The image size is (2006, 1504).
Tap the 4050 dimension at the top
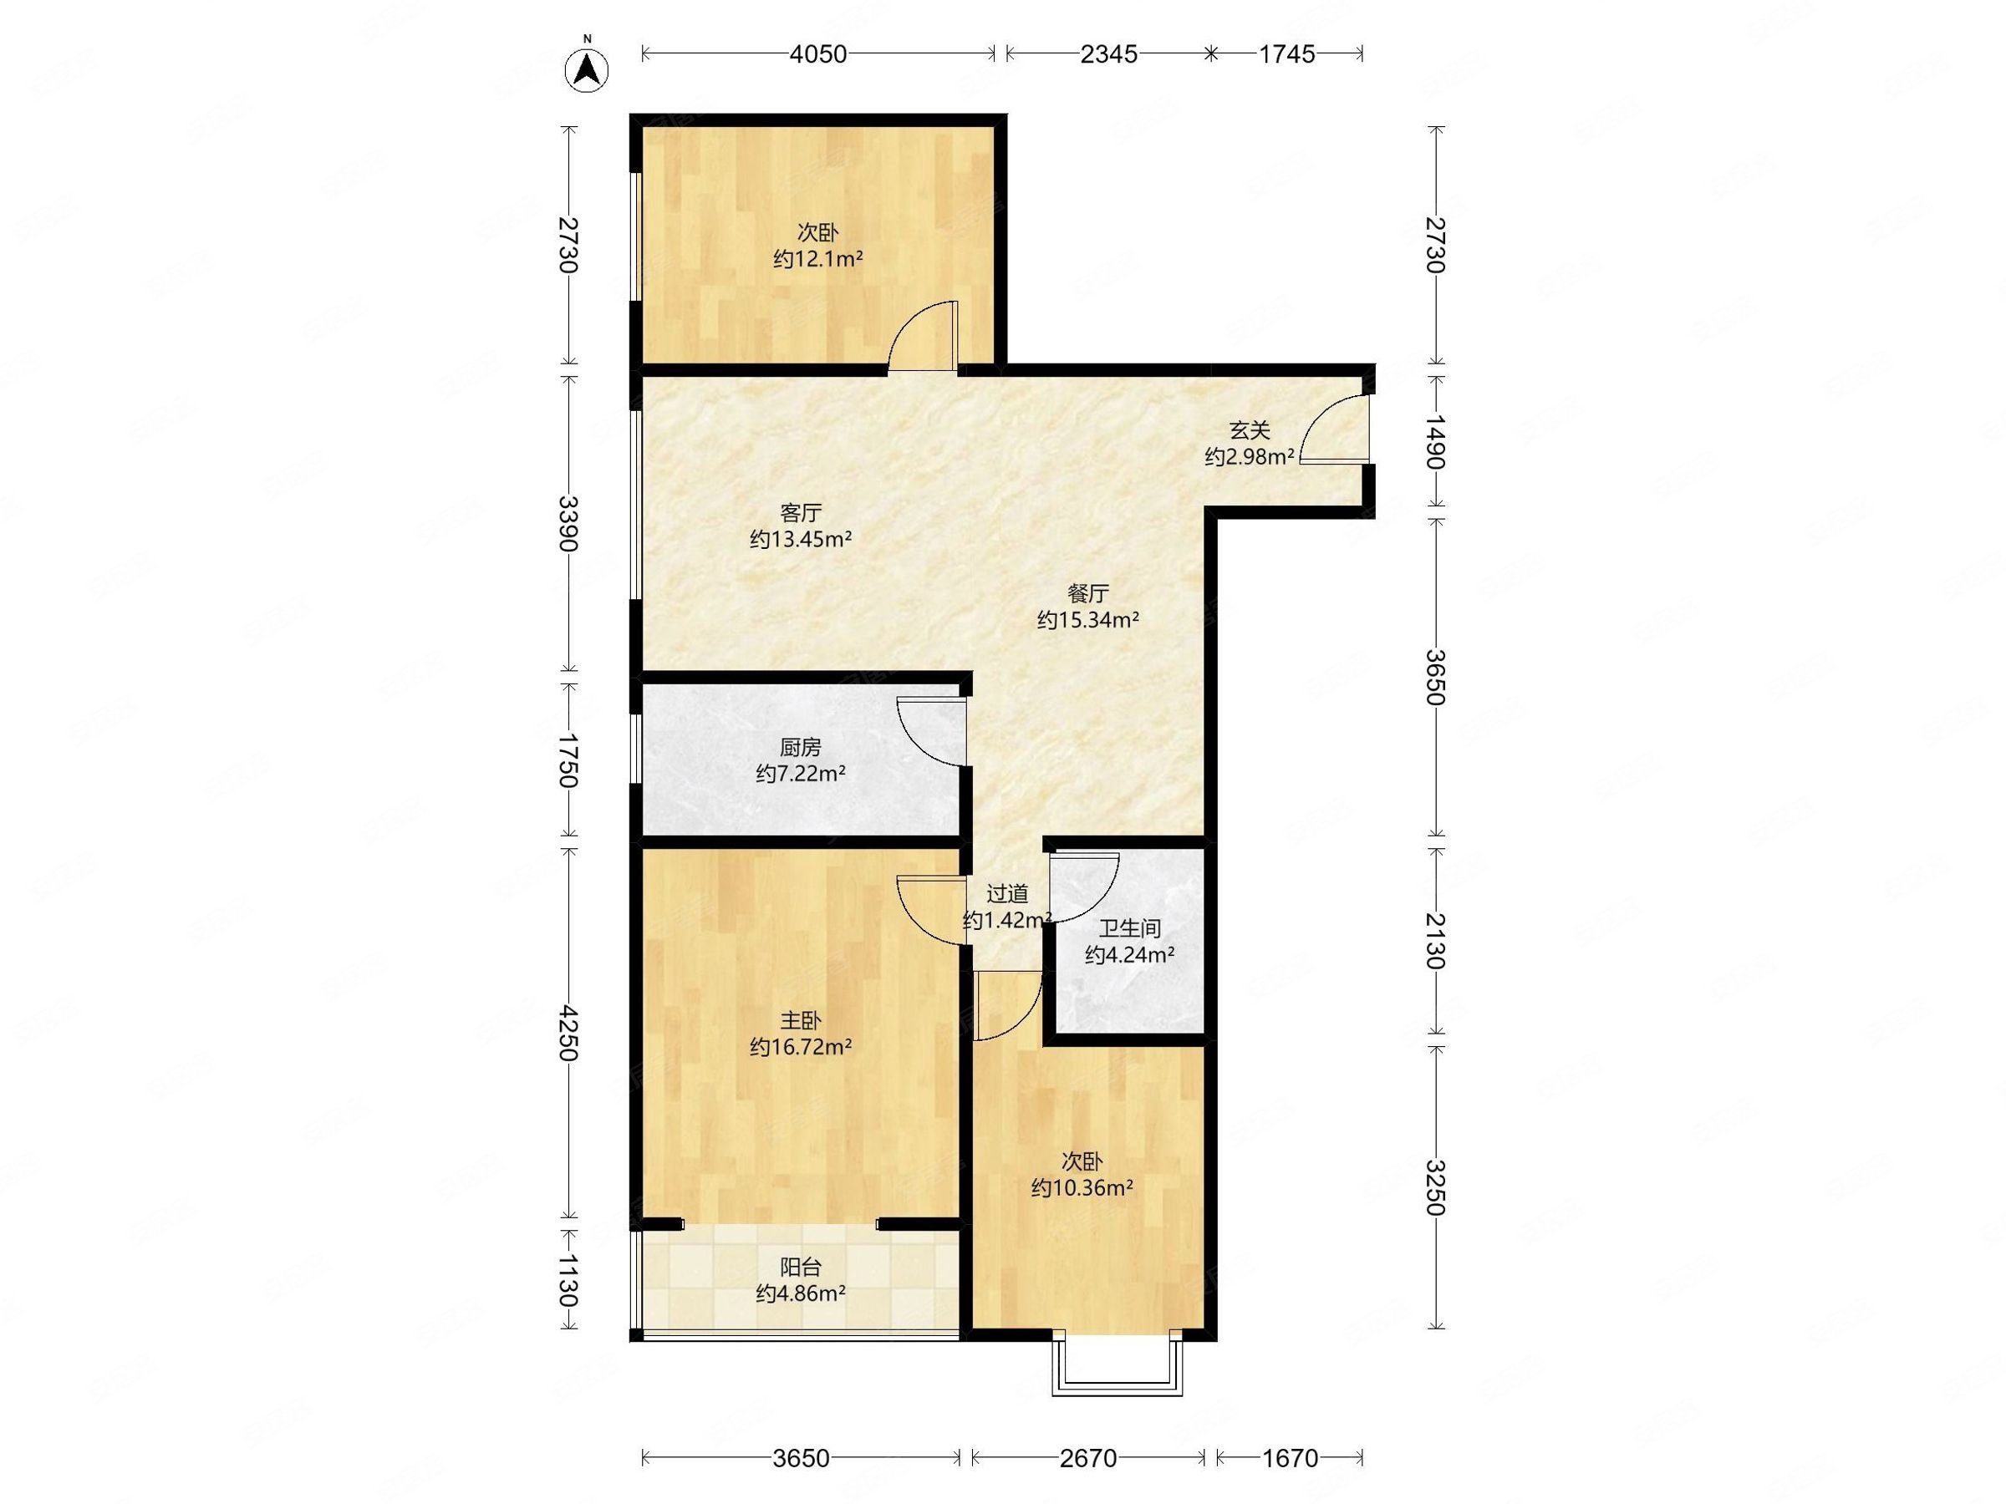[818, 54]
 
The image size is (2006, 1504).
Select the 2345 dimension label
[1108, 54]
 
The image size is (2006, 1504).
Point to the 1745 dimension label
[1286, 54]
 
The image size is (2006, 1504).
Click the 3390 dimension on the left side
[568, 524]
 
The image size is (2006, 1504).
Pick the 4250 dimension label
[568, 1033]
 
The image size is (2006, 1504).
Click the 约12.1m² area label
[818, 259]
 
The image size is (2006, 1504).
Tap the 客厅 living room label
[801, 513]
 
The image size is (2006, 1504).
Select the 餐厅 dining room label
[1088, 594]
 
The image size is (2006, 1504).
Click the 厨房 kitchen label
[801, 747]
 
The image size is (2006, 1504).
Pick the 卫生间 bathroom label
[1130, 928]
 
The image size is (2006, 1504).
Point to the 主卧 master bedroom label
[801, 1021]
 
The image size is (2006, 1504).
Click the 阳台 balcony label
[801, 1267]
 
